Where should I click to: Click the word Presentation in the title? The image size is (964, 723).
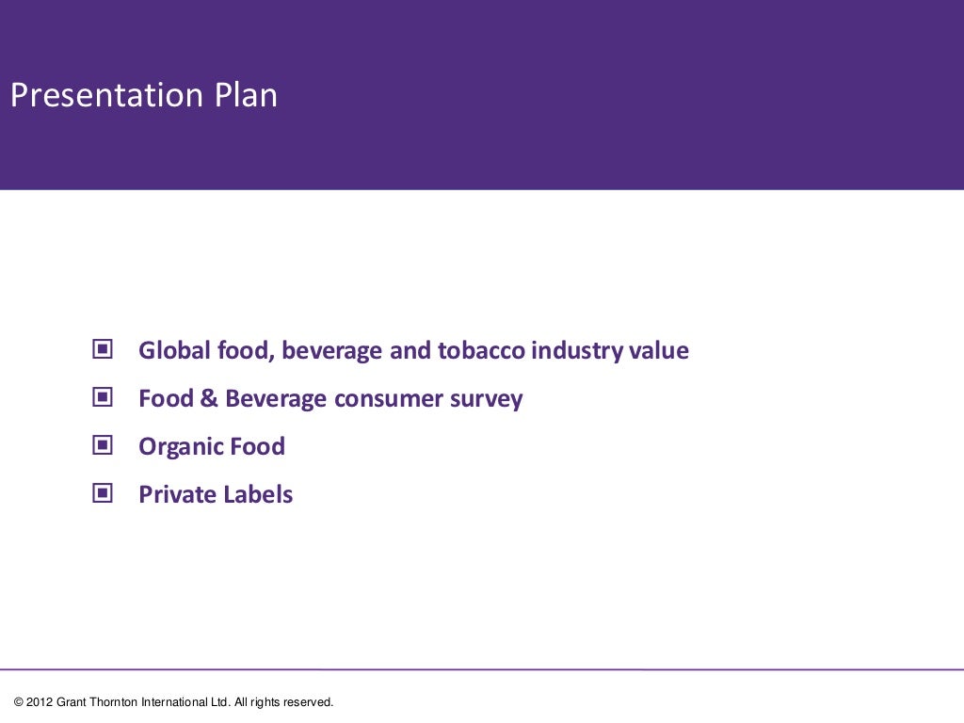coord(105,96)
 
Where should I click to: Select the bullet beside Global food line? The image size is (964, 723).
coord(103,350)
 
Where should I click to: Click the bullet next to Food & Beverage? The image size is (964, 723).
coord(103,398)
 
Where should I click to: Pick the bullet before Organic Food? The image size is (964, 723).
coord(103,445)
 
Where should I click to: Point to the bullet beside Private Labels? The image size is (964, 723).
coord(103,493)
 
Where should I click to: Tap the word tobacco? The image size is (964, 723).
coord(480,351)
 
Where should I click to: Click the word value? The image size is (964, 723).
coord(659,351)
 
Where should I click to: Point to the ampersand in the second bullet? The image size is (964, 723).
coord(209,399)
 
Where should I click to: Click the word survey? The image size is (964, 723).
coord(490,399)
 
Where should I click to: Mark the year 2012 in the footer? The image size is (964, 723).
coord(40,702)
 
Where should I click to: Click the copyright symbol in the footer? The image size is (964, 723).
coord(19,702)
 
